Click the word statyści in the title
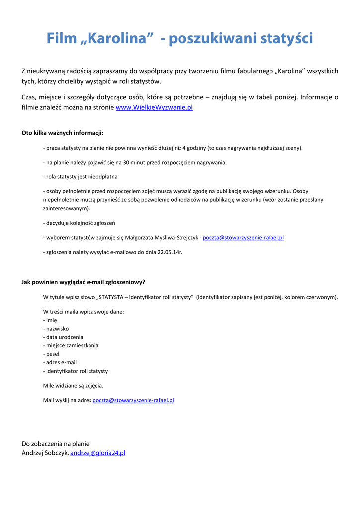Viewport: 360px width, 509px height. point(287,38)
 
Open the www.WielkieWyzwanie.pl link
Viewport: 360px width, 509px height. point(154,107)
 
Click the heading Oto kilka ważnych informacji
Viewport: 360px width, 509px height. point(63,133)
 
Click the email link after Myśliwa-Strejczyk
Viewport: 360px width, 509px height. point(243,238)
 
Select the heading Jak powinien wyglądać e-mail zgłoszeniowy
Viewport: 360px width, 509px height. point(83,282)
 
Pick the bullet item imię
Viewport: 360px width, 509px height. point(50,320)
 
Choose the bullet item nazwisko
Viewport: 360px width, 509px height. point(56,329)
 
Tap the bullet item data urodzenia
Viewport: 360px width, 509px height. point(63,337)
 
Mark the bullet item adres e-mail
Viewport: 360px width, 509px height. point(60,362)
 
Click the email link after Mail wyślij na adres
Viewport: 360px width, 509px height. point(133,400)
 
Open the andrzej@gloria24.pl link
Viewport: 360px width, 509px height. point(97,453)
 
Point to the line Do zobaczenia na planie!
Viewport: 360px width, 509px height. point(56,444)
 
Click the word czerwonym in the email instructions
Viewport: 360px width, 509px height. point(321,297)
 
